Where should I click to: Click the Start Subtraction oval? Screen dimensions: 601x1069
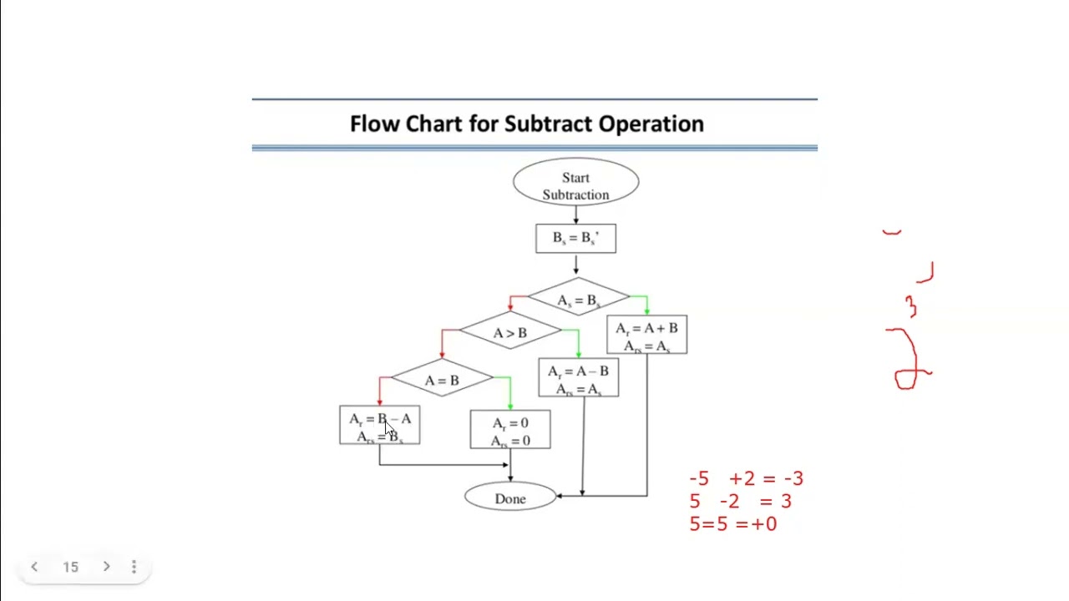pyautogui.click(x=575, y=185)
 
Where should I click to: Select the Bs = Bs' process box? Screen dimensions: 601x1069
pyautogui.click(x=575, y=238)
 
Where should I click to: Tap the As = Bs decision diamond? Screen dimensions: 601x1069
pyautogui.click(x=578, y=299)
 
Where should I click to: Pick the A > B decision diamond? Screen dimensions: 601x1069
pyautogui.click(x=509, y=333)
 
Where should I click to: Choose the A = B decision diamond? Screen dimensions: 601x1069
pyautogui.click(x=442, y=381)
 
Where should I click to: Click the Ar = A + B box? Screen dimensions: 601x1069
pyautogui.click(x=646, y=336)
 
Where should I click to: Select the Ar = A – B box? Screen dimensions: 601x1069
pyautogui.click(x=578, y=379)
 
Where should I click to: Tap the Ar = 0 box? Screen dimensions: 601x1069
pyautogui.click(x=509, y=430)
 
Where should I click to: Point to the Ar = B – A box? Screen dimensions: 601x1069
pyautogui.click(x=379, y=426)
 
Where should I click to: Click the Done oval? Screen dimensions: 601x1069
pyautogui.click(x=510, y=498)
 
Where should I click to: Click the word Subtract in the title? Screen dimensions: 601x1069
pyautogui.click(x=546, y=124)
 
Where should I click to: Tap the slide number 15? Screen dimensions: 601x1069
pyautogui.click(x=70, y=567)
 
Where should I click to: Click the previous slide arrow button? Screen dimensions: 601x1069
pyautogui.click(x=34, y=567)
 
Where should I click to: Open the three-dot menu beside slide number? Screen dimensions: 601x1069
pyautogui.click(x=134, y=567)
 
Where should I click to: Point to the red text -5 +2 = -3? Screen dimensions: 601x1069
pyautogui.click(x=746, y=479)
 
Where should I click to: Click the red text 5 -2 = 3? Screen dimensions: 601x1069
pyautogui.click(x=740, y=502)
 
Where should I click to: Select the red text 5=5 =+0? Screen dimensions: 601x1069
pyautogui.click(x=732, y=524)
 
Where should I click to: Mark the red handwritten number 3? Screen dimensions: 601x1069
pyautogui.click(x=911, y=307)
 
